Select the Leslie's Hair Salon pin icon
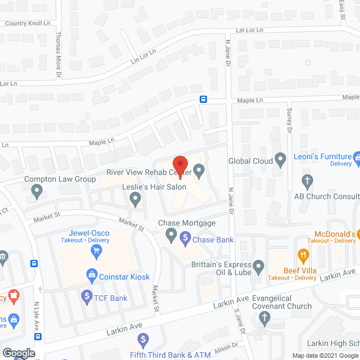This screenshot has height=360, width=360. click(x=135, y=198)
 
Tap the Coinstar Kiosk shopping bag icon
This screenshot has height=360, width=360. click(x=90, y=274)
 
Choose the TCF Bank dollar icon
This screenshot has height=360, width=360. click(x=87, y=295)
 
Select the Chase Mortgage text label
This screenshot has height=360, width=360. click(x=187, y=223)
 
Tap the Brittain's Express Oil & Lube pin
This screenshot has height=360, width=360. click(x=259, y=265)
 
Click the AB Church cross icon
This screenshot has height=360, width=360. click(x=307, y=181)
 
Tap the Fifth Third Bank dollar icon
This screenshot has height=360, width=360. click(x=143, y=339)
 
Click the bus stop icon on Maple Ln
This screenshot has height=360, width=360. click(x=203, y=100)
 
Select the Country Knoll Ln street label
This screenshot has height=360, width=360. click(x=28, y=24)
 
